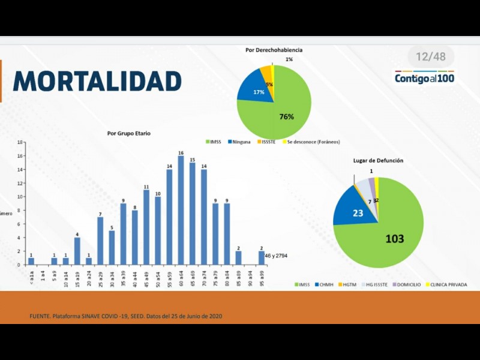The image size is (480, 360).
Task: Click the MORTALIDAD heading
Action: click(97, 81)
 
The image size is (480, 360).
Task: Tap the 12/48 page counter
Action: click(431, 57)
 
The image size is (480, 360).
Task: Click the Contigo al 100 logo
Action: click(424, 78)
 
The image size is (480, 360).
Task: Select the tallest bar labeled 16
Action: click(181, 210)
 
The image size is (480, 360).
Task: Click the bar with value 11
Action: click(146, 227)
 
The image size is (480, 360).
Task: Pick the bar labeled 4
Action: click(77, 251)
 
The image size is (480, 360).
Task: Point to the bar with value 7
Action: click(100, 241)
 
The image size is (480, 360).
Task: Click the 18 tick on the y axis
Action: click(20, 142)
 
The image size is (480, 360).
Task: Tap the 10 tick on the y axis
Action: click(20, 197)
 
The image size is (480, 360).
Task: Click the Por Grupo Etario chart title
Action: click(128, 133)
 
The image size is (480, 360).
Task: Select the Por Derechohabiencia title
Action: click(274, 50)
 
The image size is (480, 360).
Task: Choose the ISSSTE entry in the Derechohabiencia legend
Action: click(269, 142)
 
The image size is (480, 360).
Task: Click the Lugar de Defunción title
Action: click(378, 161)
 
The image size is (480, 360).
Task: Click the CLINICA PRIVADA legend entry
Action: click(446, 284)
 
